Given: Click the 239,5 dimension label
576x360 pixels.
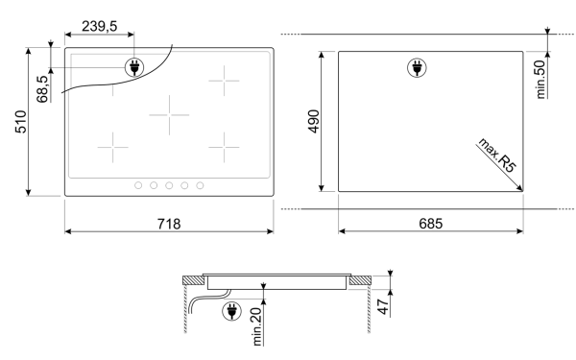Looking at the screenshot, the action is pos(99,27).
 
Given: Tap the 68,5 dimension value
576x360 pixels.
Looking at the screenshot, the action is pos(42,89).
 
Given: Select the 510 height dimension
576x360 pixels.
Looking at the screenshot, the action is pos(21,122).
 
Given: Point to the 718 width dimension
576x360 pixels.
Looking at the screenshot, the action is pos(169,224).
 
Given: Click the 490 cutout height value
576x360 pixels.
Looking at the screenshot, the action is pos(314,121).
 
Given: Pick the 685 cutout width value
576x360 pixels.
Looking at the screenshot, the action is pos(430,224).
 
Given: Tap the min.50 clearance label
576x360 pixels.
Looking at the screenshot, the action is pos(540,80).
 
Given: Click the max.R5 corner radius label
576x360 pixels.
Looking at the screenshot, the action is pos(497,156).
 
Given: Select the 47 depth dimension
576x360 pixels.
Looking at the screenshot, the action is pos(383,307).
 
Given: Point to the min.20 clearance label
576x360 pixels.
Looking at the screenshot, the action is pos(256,326).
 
